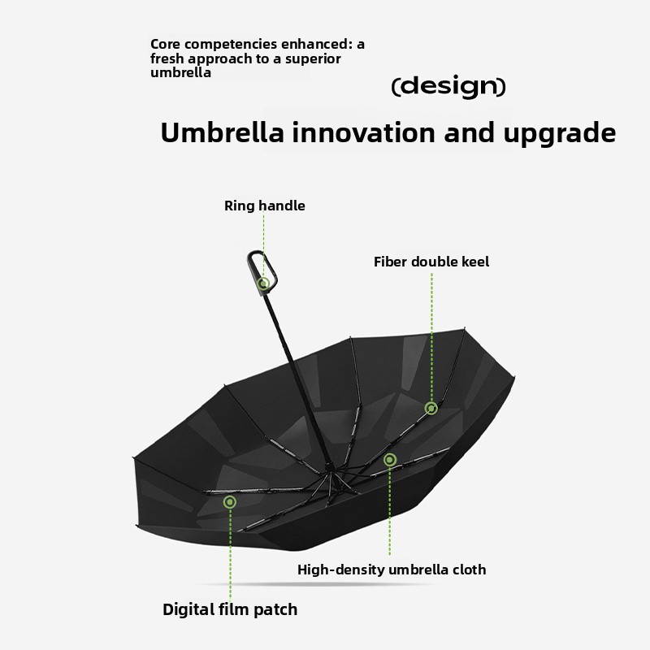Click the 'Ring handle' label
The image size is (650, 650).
[265, 206]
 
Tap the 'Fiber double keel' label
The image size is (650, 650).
[431, 262]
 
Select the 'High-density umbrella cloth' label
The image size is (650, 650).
[392, 570]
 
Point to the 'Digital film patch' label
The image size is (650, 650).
[230, 609]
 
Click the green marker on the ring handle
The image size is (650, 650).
[263, 284]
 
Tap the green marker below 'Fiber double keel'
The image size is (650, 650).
[431, 409]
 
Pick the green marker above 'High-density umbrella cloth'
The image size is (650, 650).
[390, 460]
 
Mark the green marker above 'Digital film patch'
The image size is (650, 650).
[230, 502]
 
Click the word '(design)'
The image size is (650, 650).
[448, 87]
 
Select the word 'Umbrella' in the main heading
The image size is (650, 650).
[222, 132]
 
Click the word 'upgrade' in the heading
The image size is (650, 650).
[560, 134]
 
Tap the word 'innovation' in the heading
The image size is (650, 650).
[364, 132]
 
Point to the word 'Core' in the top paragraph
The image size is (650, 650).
[166, 44]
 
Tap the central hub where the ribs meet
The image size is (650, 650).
[332, 472]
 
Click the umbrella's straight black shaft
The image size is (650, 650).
[297, 377]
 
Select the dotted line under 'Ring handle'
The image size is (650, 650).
[263, 245]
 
